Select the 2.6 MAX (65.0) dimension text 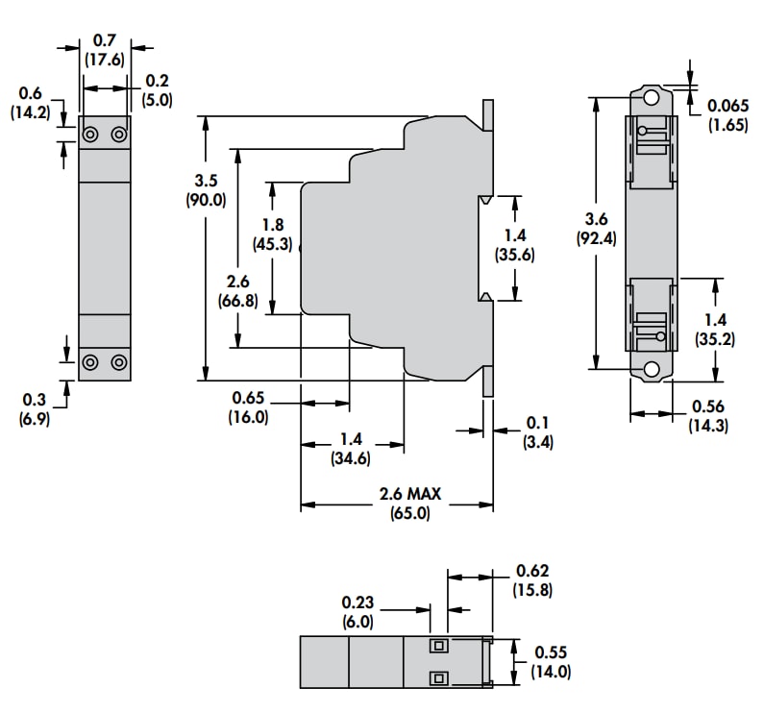point(409,503)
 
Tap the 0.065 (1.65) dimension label point(727,114)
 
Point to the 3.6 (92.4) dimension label point(596,229)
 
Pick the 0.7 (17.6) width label point(104,49)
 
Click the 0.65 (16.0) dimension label point(248,407)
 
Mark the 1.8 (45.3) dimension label point(273,234)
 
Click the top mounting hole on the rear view point(652,98)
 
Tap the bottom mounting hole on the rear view point(652,369)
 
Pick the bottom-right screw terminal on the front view point(119,362)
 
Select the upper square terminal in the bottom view point(438,646)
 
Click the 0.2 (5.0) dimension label point(157,89)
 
